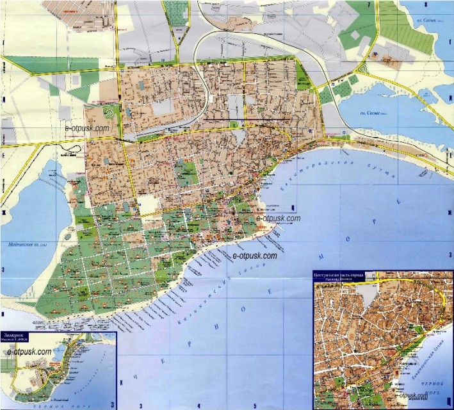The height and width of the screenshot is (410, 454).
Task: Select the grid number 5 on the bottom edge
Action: point(254,406)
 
